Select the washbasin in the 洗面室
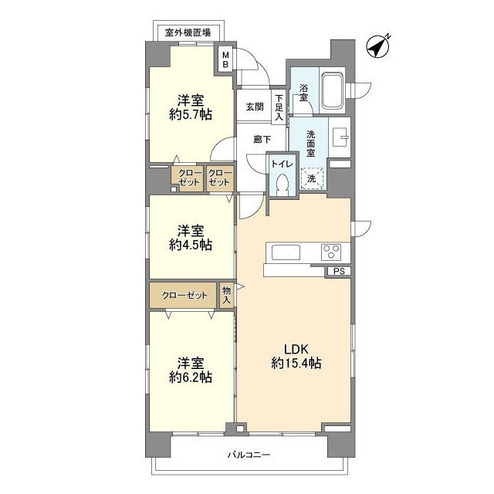coord(340,137)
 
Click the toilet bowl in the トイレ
coord(282,183)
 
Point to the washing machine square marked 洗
coord(311,178)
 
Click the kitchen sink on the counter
coord(285,252)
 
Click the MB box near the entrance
coord(225,59)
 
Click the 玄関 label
coord(255,107)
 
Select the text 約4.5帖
coord(191,245)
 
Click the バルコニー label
coord(249,455)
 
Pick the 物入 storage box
coord(226,295)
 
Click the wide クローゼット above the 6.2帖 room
coord(184,295)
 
